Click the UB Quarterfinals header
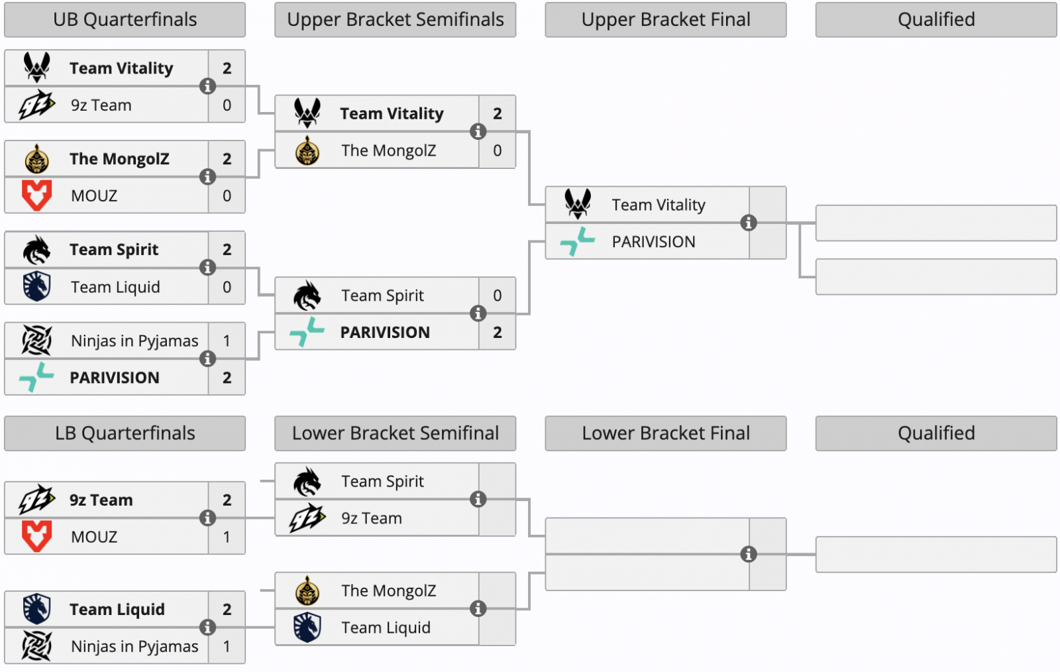coord(125,20)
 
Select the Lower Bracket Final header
coord(665,433)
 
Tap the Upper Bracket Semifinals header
coord(395,20)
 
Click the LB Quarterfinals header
coord(125,433)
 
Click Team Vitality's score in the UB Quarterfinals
coord(227,68)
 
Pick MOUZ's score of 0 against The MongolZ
coord(227,196)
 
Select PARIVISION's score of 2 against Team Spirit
coord(497,332)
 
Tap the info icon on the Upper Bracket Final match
coord(749,223)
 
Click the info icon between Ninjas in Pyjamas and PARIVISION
coord(207,359)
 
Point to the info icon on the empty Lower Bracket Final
coord(749,554)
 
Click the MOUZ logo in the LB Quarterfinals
coord(36,536)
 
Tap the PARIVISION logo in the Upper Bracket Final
coord(577,241)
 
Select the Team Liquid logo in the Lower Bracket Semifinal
coord(307,627)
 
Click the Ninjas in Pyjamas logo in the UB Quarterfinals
coord(36,341)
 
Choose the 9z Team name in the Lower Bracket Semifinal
coord(372,518)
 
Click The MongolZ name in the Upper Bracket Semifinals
coord(388,151)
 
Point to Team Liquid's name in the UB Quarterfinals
coord(115,287)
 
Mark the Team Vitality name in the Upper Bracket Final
coord(658,205)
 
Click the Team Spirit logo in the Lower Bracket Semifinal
coord(307,481)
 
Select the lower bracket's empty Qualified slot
coord(935,555)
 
